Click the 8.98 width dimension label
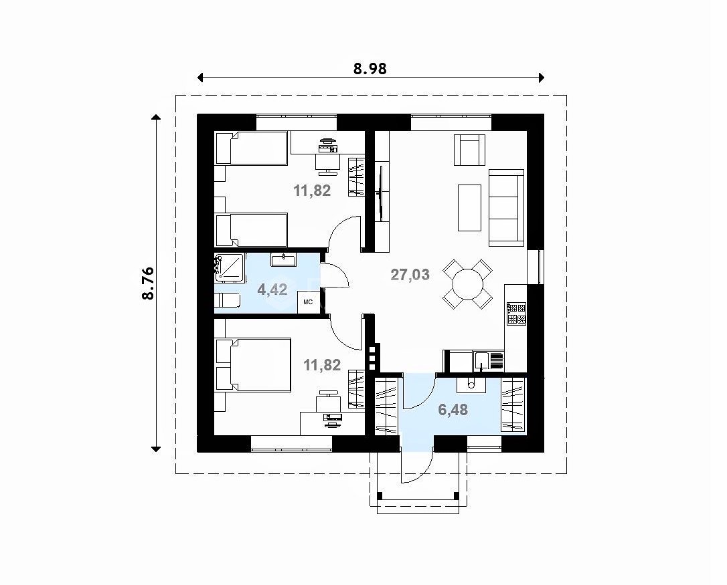point(370,69)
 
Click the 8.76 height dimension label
point(148,283)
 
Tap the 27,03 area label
point(410,275)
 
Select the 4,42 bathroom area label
point(272,290)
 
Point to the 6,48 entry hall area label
point(453,409)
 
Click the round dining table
point(467,284)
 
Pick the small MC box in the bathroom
point(309,302)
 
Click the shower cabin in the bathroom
point(230,267)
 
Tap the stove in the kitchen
point(516,314)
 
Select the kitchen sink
point(482,361)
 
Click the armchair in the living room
point(469,150)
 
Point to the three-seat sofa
point(506,207)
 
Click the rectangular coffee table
point(469,207)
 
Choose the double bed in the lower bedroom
point(253,365)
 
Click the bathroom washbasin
point(283,259)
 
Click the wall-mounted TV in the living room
point(381,193)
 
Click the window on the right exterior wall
point(536,267)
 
